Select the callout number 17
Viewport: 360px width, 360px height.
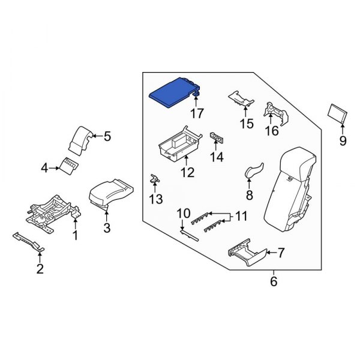point(197,112)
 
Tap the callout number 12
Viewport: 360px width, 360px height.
point(187,173)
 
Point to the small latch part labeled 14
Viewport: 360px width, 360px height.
point(217,139)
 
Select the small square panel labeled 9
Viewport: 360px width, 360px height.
point(338,113)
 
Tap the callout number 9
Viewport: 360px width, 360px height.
point(343,142)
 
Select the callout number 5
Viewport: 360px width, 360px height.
point(107,136)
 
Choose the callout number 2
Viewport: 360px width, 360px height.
point(40,269)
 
